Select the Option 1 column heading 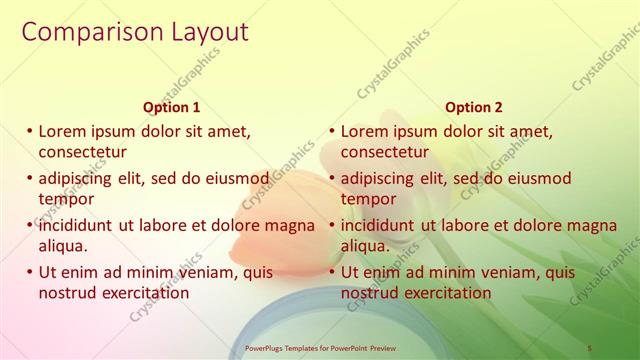[x=172, y=107]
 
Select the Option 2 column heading [x=474, y=107]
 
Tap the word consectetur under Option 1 [x=82, y=152]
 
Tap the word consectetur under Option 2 [x=385, y=152]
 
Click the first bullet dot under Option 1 [x=30, y=131]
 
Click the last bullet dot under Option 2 [x=332, y=272]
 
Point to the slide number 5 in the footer [x=589, y=347]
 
